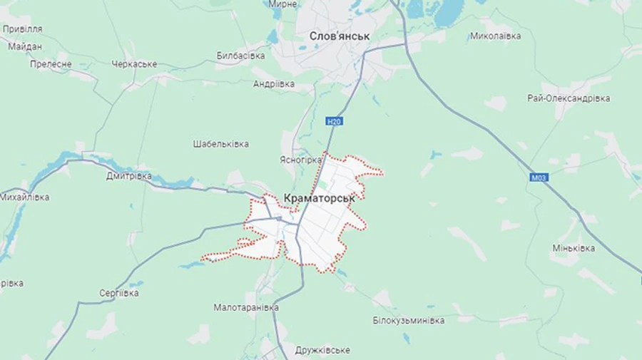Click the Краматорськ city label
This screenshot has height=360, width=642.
(319, 198)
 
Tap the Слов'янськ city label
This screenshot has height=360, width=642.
(340, 36)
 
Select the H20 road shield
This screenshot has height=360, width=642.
(334, 121)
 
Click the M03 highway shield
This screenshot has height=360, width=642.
(539, 178)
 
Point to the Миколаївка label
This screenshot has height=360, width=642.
(495, 36)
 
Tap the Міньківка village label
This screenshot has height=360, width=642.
(574, 248)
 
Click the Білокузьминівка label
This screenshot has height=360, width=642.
(409, 320)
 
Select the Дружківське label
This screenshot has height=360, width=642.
(322, 350)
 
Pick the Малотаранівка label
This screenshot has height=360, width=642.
(246, 307)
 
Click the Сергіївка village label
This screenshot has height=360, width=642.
(119, 293)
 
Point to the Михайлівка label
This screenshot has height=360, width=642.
(25, 197)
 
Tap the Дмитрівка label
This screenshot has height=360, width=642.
(128, 175)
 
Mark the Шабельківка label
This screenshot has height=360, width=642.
(220, 144)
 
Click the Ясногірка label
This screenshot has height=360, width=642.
(301, 160)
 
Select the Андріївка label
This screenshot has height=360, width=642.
(274, 83)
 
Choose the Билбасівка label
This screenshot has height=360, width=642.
(240, 56)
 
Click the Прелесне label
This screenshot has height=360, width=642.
(51, 64)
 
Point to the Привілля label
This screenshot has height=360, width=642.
(22, 29)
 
